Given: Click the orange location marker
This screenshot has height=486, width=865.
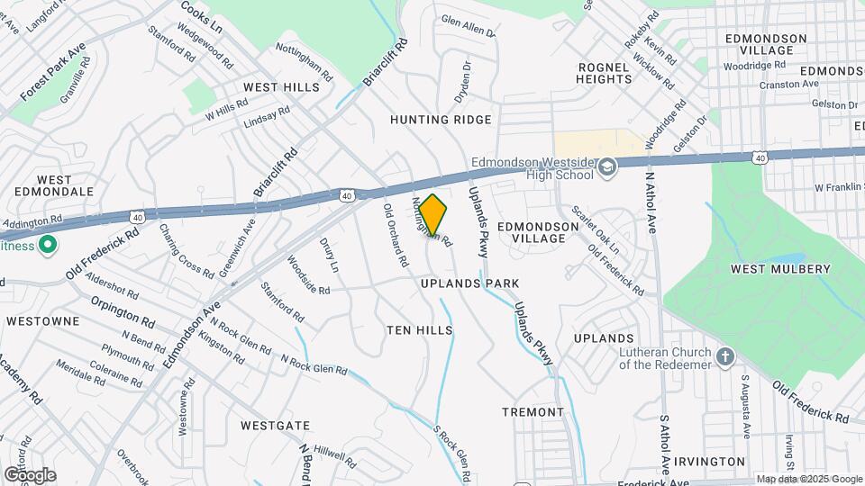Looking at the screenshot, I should click(x=432, y=215).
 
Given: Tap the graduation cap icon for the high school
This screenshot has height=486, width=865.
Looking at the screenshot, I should click(x=608, y=166).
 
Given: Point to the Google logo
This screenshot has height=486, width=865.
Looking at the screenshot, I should click(x=30, y=474).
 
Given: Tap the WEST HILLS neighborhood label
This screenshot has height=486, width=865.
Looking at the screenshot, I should click(x=281, y=87).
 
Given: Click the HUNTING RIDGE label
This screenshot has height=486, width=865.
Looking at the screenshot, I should click(x=441, y=120).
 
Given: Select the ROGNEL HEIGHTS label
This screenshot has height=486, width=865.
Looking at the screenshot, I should click(x=605, y=73).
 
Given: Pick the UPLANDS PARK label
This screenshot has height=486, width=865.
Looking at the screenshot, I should click(x=470, y=283).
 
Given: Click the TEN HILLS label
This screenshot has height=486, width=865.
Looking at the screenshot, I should click(x=419, y=330).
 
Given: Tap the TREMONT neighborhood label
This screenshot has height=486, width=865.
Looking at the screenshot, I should click(x=533, y=412).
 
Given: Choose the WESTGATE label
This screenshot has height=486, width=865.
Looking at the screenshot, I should click(x=276, y=425).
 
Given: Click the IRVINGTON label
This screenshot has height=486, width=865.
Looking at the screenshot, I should click(x=709, y=462).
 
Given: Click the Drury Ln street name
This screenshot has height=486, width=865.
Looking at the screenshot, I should click(x=329, y=255).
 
